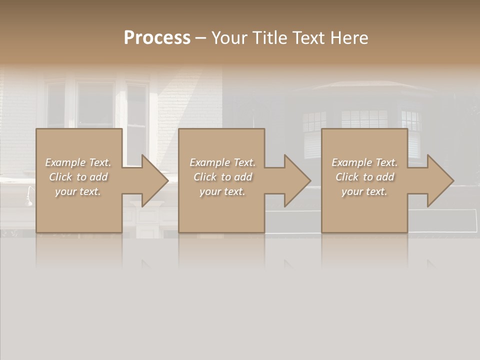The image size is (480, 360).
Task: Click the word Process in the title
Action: pos(157,38)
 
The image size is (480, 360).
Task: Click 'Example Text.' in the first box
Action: pos(78,162)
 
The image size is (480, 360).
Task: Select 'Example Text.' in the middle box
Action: pos(222,162)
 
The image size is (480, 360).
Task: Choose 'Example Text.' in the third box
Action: pos(364,162)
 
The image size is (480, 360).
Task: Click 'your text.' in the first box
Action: pos(78,191)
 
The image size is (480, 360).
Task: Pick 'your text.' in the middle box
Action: pos(222,191)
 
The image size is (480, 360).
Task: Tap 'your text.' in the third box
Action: pos(364,191)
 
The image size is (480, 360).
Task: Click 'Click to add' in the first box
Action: pos(78,177)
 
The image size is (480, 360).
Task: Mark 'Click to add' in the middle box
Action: pos(222,177)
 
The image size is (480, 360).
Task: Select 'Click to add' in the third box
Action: pos(364,177)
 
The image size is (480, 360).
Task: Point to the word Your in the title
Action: pos(228,38)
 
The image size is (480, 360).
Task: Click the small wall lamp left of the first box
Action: pos(29,196)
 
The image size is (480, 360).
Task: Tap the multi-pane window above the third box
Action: pos(364,119)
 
